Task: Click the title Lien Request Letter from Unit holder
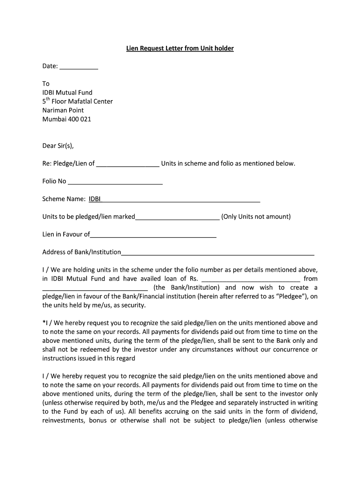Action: (180, 48)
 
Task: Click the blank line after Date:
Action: (79, 66)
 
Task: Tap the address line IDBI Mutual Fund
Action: (67, 93)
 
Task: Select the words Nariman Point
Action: (63, 110)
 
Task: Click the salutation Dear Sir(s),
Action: (58, 145)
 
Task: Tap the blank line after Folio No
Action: (115, 181)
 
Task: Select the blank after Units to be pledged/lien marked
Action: (177, 217)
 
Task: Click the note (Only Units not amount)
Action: (256, 217)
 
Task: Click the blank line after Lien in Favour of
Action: (153, 235)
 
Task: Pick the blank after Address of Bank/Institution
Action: (217, 253)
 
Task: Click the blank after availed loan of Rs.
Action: (250, 279)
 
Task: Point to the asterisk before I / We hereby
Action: (43, 322)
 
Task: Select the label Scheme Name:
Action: (64, 199)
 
